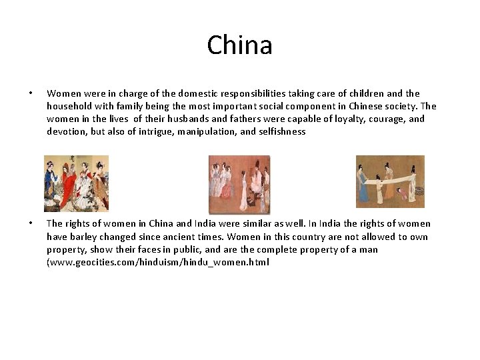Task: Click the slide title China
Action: click(239, 45)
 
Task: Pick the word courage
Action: click(387, 119)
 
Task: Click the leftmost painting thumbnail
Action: click(76, 183)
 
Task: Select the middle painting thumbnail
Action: click(239, 184)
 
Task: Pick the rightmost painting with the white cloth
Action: click(390, 181)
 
